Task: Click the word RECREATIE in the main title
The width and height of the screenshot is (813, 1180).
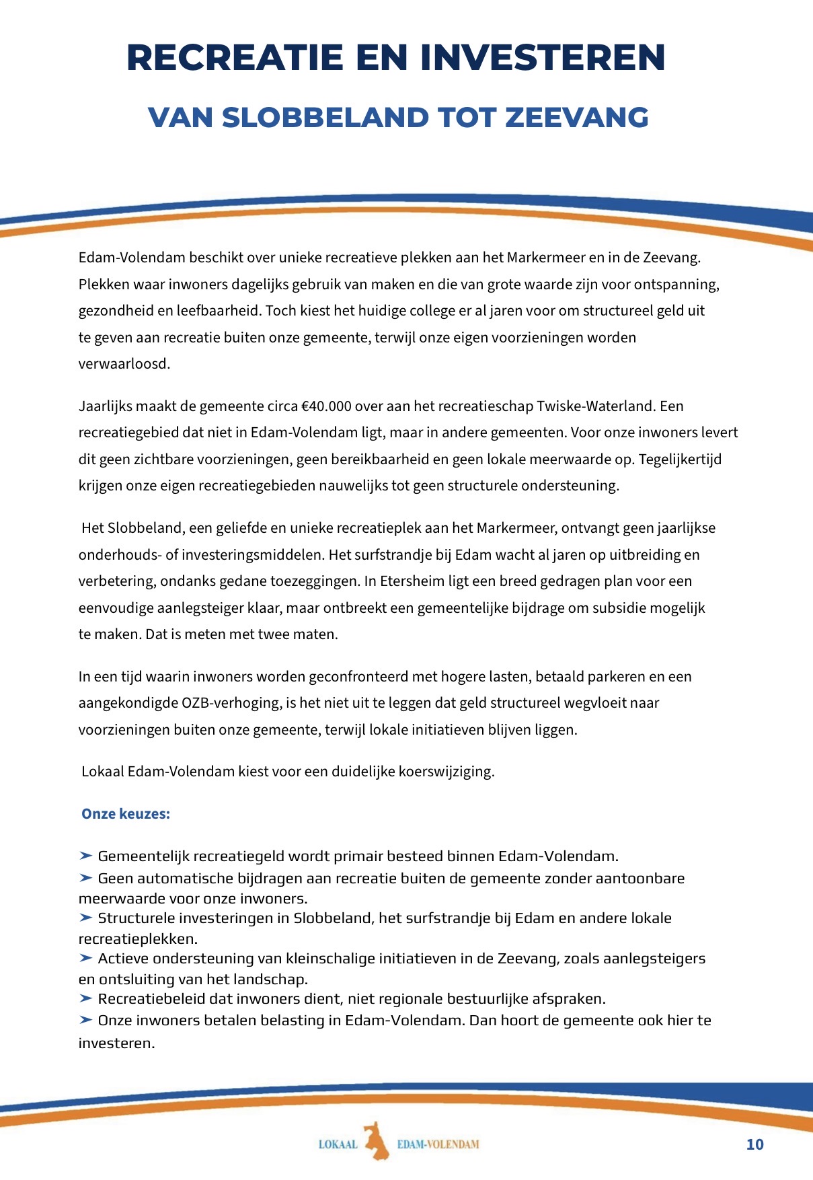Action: pos(235,57)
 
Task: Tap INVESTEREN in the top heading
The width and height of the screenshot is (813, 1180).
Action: pos(543,57)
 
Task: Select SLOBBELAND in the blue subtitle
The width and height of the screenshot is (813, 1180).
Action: pos(325,118)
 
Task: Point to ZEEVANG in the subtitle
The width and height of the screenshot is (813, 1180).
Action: pos(576,118)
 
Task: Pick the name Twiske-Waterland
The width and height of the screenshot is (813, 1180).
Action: pos(594,406)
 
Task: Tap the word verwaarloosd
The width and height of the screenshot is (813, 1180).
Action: pos(124,364)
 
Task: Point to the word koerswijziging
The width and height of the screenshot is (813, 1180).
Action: pos(447,772)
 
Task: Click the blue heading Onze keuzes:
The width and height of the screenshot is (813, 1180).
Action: pos(126,814)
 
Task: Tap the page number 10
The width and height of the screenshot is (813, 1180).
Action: pos(755,1145)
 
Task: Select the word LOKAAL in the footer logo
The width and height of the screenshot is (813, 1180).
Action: pos(338,1144)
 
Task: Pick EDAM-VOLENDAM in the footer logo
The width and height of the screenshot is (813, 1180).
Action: pos(438,1144)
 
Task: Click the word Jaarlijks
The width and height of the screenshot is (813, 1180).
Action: pos(106,406)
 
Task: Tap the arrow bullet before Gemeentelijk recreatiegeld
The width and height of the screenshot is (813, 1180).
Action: pos(85,856)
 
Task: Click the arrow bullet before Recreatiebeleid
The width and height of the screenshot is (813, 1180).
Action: pos(85,998)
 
